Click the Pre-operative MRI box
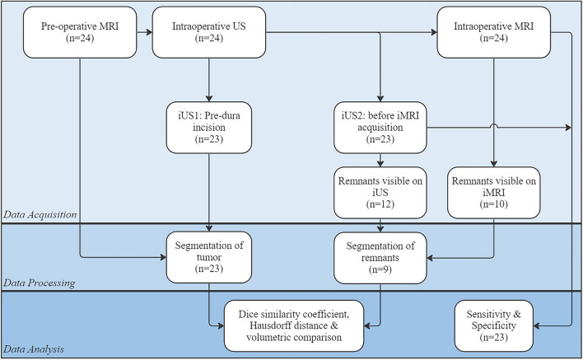[80, 32]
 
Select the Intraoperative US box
[209, 32]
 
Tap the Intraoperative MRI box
[494, 32]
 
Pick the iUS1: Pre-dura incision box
[209, 128]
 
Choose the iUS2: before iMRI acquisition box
[380, 128]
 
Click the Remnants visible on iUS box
[380, 193]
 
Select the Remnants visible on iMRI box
[494, 193]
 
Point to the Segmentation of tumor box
[209, 257]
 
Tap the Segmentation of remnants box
[380, 258]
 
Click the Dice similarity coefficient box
[294, 325]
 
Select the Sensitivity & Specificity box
[494, 325]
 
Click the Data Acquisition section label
[40, 215]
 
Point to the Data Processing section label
[40, 283]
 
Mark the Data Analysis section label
[34, 349]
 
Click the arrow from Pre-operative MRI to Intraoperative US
[145, 32]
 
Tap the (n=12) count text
[380, 204]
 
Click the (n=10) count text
[494, 204]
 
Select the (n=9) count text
[380, 269]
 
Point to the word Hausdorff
[270, 325]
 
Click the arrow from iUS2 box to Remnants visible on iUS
[380, 160]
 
